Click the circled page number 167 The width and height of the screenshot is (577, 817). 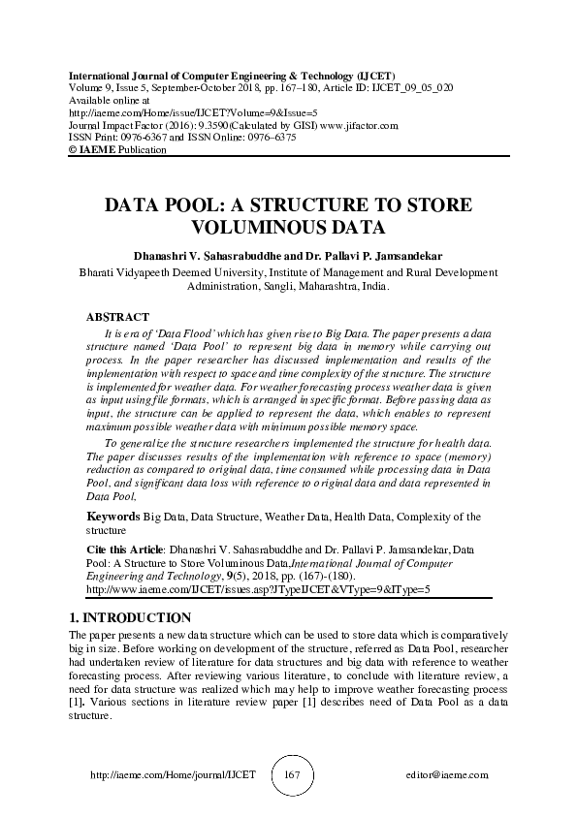pos(289,776)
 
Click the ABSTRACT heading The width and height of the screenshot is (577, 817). pos(117,317)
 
